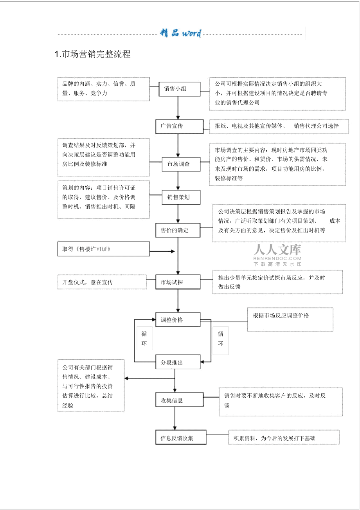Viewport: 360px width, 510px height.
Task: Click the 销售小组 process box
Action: [179, 89]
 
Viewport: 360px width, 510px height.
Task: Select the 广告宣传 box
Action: [179, 126]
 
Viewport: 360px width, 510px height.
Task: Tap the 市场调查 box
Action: [181, 164]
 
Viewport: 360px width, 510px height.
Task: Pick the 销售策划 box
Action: [181, 197]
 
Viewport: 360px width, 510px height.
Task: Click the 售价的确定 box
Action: [178, 230]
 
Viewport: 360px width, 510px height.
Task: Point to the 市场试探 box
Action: [178, 282]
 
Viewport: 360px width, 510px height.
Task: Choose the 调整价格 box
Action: [178, 320]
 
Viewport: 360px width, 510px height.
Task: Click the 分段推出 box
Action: [178, 362]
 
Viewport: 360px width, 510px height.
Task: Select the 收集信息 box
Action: [179, 400]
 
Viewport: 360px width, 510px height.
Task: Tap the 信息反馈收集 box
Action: [181, 437]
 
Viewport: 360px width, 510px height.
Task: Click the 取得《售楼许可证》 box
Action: [104, 249]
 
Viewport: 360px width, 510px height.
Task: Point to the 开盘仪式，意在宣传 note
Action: [102, 282]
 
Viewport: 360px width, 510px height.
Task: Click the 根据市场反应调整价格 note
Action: [290, 319]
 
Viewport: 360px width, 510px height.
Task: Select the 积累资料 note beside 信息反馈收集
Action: [284, 437]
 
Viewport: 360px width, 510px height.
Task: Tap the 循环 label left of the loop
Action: [145, 338]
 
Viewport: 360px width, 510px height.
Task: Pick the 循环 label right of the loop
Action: [221, 341]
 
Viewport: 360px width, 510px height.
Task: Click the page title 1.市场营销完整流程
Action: [93, 54]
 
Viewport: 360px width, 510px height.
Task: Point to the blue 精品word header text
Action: [181, 33]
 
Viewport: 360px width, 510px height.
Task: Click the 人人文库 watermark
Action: [277, 255]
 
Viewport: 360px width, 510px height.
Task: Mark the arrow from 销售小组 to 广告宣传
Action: [178, 108]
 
